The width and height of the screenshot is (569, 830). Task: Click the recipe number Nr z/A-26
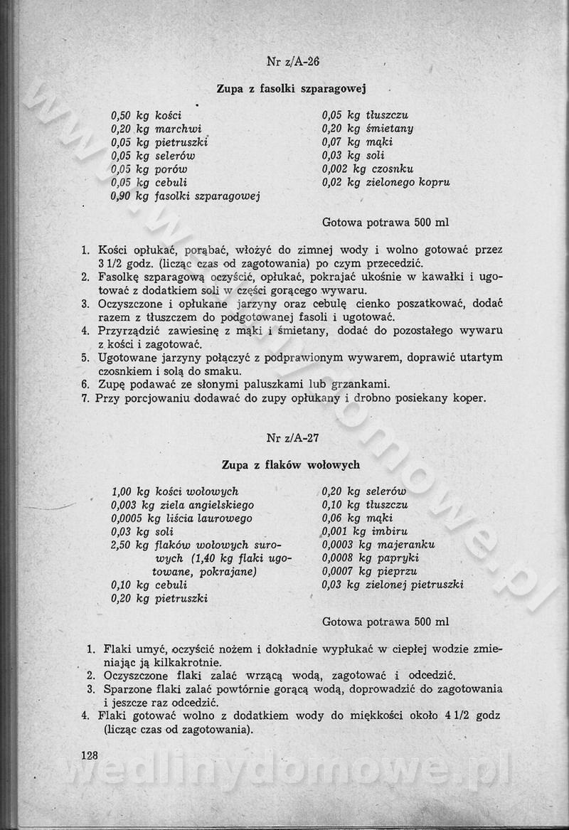(293, 62)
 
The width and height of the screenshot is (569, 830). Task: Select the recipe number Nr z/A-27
(293, 437)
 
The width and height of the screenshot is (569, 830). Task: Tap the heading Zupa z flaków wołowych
(291, 465)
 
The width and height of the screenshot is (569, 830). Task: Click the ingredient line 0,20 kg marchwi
(156, 129)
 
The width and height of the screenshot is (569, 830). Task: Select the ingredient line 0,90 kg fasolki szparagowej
(185, 196)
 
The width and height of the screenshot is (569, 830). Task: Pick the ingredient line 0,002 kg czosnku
(367, 169)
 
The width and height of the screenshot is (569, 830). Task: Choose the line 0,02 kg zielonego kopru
(385, 183)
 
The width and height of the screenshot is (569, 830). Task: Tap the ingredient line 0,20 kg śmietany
(367, 129)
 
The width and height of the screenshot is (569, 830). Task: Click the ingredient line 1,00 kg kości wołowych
(174, 491)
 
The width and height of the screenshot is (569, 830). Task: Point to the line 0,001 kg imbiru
(364, 531)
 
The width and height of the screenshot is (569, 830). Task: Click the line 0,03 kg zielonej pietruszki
(393, 585)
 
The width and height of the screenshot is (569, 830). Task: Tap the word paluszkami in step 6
(272, 385)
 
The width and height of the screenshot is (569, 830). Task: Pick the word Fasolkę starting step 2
(121, 277)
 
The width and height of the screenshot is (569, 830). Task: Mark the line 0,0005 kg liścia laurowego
(181, 518)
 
